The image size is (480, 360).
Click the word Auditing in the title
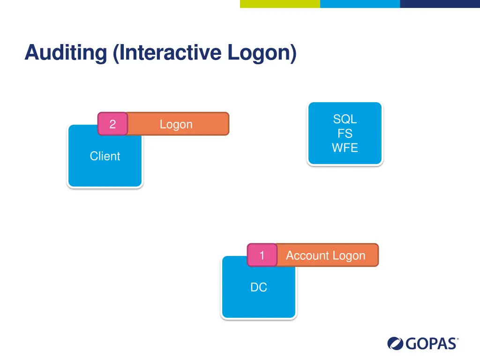coord(66,52)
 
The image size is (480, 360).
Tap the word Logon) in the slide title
coord(262,52)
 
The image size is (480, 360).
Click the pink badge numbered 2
coord(112,124)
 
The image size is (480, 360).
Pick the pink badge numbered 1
coord(262,255)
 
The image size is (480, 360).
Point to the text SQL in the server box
coord(345,119)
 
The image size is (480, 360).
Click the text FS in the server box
coord(345,134)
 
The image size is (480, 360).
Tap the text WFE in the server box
coord(345,148)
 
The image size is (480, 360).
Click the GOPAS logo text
coord(431,344)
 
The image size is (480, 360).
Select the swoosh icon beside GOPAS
coord(396,344)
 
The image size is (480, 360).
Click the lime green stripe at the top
coord(280,4)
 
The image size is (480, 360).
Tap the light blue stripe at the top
coord(360,4)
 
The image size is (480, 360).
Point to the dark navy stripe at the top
coord(440,4)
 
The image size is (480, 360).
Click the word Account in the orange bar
coord(305,255)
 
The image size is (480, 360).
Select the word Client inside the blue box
coord(105,156)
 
